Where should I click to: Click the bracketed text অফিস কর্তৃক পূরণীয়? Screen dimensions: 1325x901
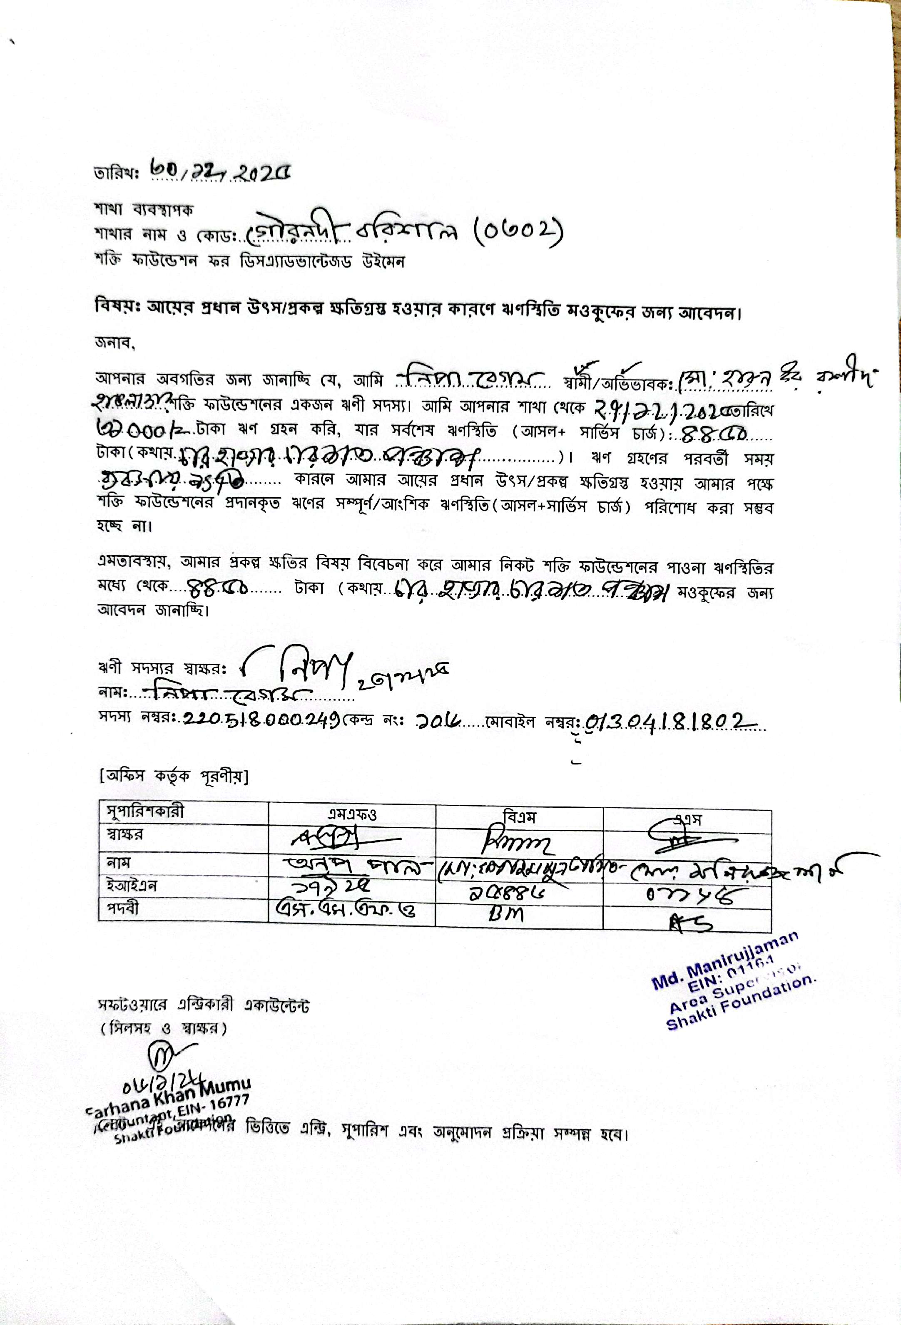[x=173, y=776]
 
